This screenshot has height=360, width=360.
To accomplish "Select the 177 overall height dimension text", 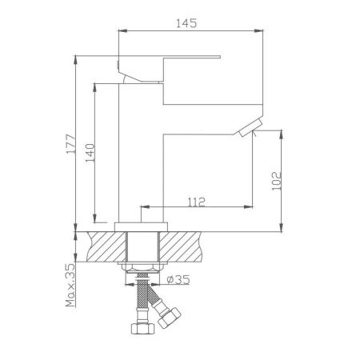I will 70,142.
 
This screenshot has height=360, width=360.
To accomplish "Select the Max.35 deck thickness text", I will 70,284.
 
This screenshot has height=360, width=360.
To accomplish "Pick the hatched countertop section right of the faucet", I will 189,245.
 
